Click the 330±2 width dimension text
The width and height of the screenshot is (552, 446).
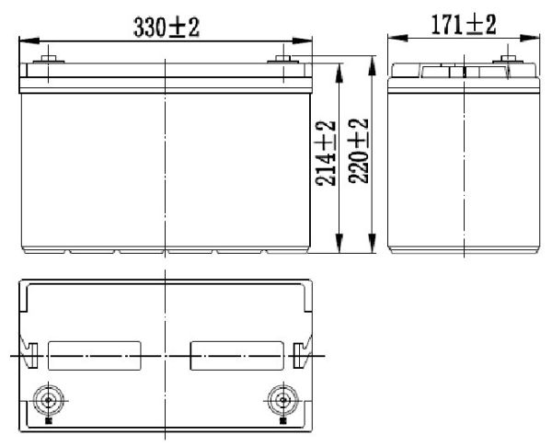point(167,27)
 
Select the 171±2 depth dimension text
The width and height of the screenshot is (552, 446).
point(465,25)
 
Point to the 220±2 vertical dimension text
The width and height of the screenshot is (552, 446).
point(358,153)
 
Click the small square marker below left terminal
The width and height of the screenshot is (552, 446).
point(47,424)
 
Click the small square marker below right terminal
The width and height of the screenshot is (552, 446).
point(280,424)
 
